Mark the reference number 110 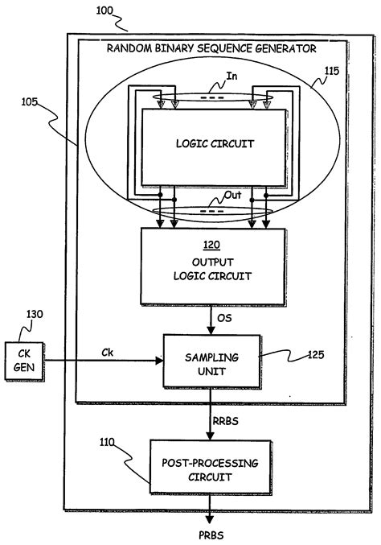pyautogui.click(x=104, y=443)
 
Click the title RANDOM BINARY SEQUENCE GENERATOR pyautogui.click(x=212, y=48)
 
